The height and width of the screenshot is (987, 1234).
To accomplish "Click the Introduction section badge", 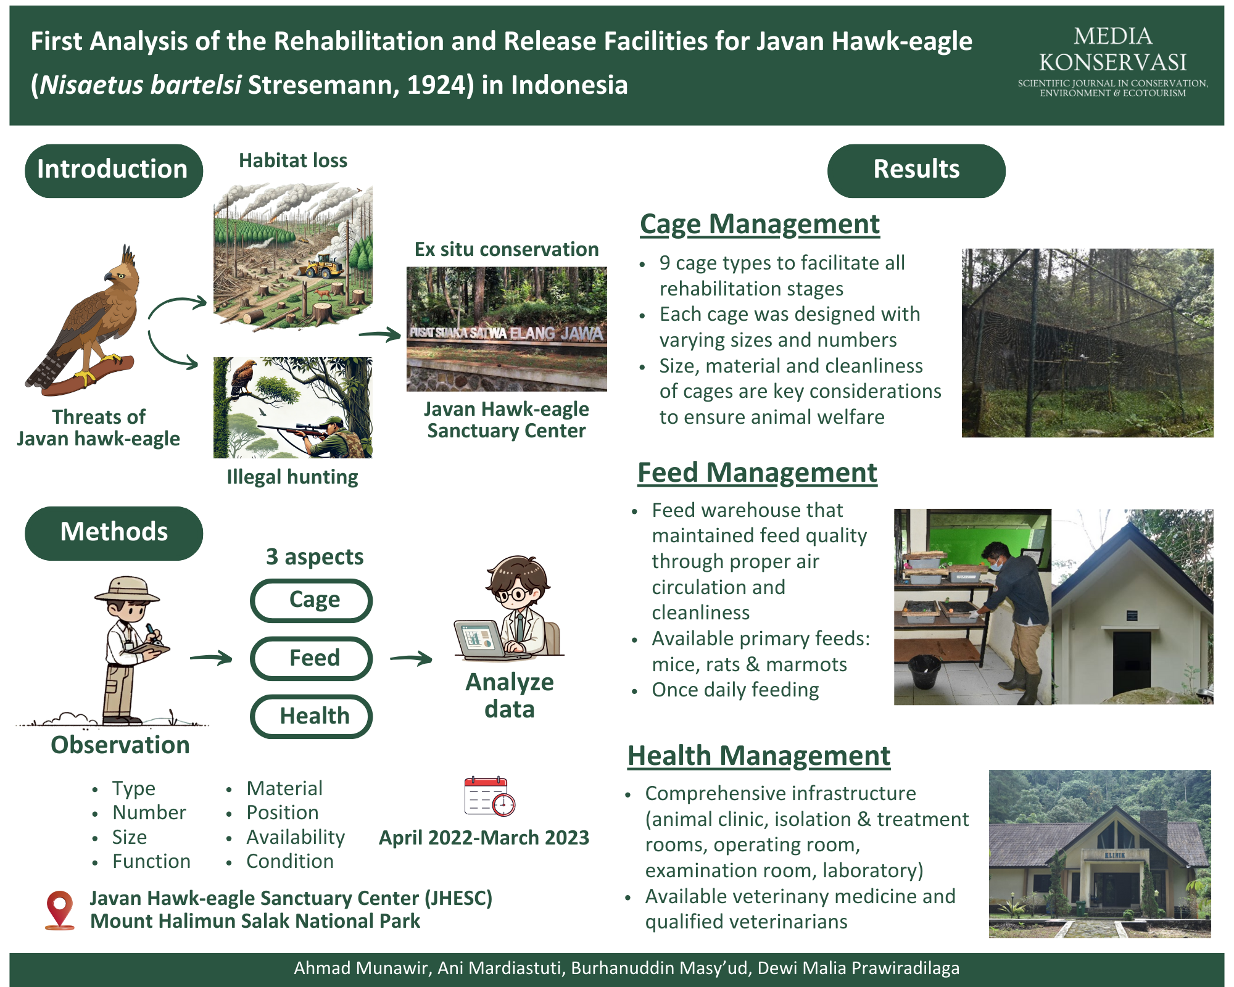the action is pos(114,171).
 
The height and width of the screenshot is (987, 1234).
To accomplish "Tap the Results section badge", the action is pos(916,171).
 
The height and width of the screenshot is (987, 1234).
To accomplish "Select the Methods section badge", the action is pos(114,533).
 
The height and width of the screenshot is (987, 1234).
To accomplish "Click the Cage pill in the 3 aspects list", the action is pos(311,600).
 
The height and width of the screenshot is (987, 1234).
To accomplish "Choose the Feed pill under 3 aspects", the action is pos(311,658).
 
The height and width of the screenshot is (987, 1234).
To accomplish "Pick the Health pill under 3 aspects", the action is pos(311,716).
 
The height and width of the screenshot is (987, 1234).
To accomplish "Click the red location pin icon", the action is pos(60,910).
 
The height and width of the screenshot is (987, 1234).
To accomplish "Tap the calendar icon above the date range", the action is pos(489,796).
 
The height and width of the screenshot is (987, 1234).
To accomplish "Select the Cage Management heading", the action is pos(760,225).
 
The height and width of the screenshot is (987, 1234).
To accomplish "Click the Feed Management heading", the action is pos(757,473).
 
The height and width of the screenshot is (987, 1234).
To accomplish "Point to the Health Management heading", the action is pos(759,756).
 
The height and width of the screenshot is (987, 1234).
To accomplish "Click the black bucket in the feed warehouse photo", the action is pos(925,672).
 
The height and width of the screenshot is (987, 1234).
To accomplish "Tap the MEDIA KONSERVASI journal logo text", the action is pos(1112,60).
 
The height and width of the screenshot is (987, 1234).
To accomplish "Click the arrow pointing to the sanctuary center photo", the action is pos(380,335).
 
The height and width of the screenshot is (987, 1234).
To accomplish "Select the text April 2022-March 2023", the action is pos(484,838).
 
